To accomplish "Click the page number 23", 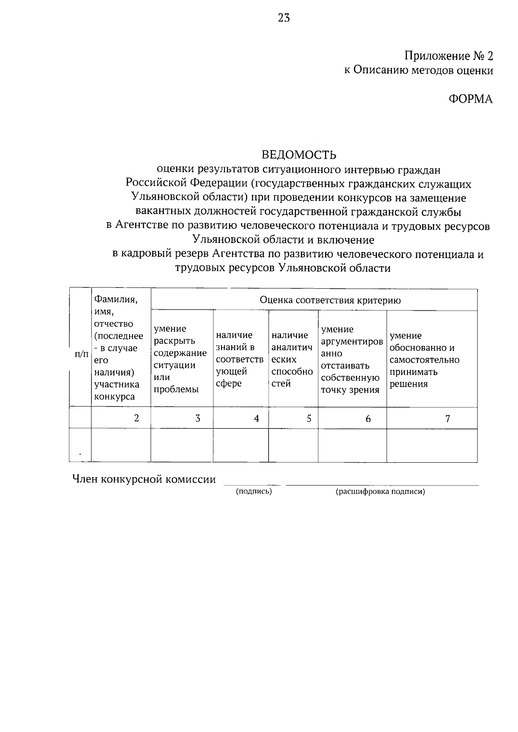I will (284, 18).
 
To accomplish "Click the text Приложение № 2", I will (448, 56).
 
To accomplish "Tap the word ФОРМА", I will (471, 99).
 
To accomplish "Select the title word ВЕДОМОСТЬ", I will (299, 155).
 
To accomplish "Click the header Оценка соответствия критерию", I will (330, 300).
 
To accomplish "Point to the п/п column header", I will (81, 354).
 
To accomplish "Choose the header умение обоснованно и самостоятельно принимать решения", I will (424, 360).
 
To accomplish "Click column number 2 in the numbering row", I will (137, 418).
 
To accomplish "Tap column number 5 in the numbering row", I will (309, 418).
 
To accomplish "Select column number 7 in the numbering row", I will (448, 418).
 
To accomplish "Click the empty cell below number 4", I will (240, 445).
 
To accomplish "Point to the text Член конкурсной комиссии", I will (144, 479).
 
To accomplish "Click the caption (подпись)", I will (253, 491).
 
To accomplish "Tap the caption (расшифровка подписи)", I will (380, 491).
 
